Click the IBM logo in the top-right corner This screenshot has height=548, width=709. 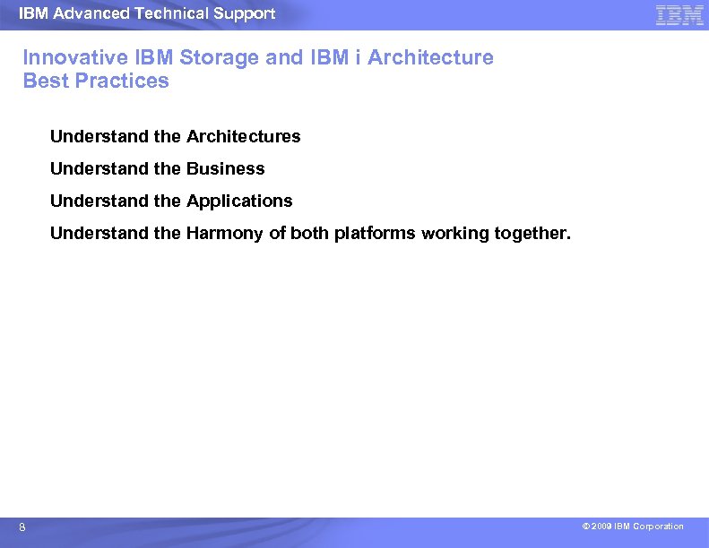point(679,15)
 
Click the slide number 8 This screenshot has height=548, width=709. point(22,528)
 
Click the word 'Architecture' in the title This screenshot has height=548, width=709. point(430,58)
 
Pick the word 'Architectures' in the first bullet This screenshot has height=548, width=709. point(243,137)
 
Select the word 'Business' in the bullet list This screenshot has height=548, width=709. point(225,169)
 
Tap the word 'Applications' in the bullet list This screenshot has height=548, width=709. point(239,201)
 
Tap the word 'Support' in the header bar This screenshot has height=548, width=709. point(243,13)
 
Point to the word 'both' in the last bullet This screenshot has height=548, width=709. point(310,234)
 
